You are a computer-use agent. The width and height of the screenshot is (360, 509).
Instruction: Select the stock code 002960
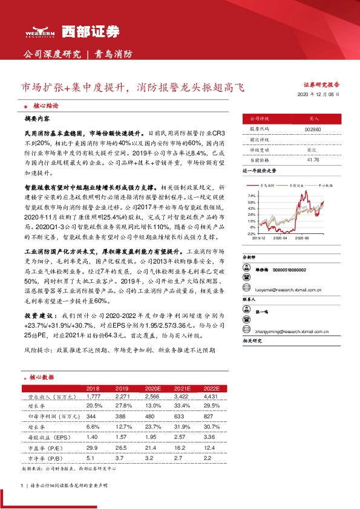click(313, 129)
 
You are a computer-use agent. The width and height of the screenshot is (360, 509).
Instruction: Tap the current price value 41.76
click(313, 160)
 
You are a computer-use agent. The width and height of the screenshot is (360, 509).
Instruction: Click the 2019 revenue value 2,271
click(123, 396)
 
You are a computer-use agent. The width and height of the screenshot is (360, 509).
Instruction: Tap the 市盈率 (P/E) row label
click(42, 446)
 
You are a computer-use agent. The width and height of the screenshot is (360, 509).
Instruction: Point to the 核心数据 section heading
click(43, 377)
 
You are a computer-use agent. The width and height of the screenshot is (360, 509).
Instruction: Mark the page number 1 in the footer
click(22, 485)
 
